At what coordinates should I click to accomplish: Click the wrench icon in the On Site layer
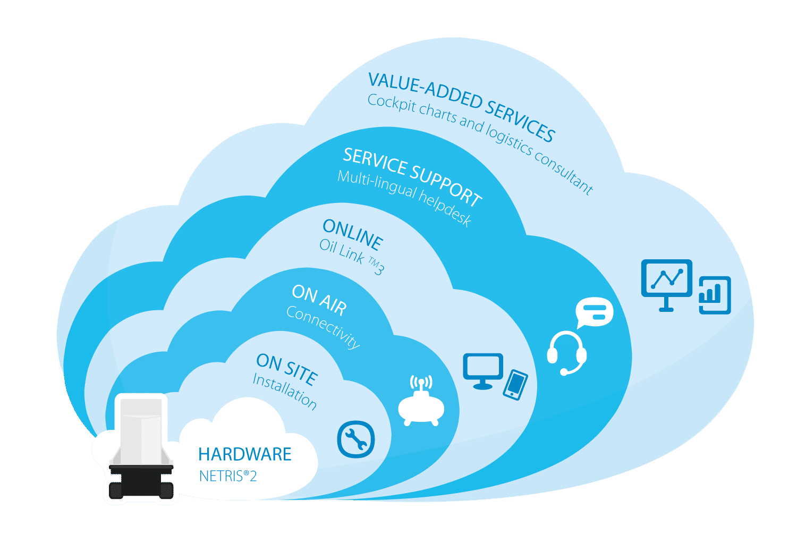(356, 439)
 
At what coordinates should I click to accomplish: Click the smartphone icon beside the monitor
(515, 385)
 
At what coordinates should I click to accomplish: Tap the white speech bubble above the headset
(595, 312)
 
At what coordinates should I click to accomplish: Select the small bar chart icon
(715, 295)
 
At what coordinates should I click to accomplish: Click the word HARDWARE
(244, 454)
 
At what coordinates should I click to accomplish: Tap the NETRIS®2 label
(227, 476)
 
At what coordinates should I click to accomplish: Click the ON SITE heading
(287, 368)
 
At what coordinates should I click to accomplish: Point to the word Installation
(285, 391)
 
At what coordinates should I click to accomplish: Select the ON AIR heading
(319, 299)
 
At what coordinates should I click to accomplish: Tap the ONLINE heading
(353, 234)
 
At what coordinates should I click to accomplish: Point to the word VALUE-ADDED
(425, 92)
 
